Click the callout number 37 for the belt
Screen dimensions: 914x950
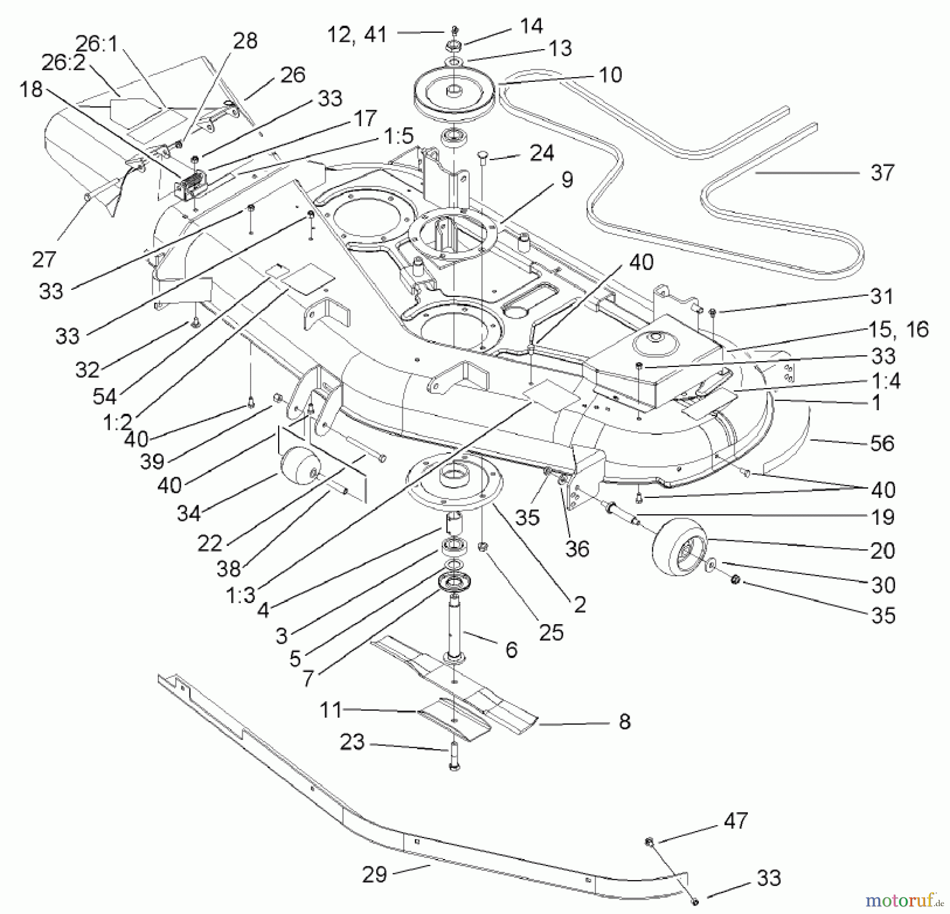pos(882,173)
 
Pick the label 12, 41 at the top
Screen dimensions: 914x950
pos(357,34)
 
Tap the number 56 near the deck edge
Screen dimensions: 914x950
pos(882,443)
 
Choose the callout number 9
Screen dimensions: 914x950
pos(566,180)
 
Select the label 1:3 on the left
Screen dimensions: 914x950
pos(240,595)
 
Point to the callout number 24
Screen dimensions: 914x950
pos(541,153)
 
